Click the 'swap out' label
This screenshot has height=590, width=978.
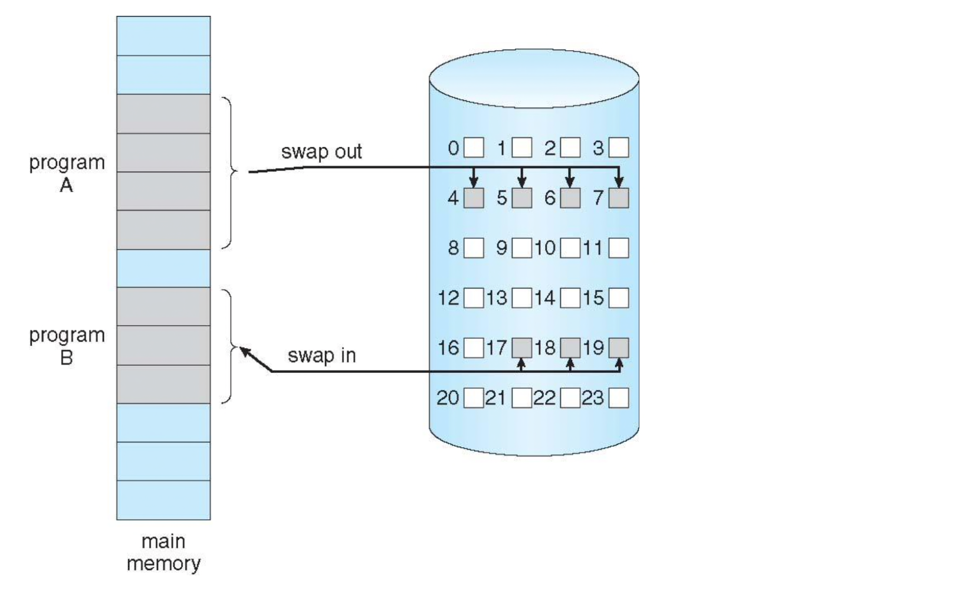[x=321, y=152]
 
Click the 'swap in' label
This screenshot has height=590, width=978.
[x=321, y=356]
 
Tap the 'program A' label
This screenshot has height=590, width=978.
[x=67, y=173]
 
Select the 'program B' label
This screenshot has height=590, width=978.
[x=67, y=346]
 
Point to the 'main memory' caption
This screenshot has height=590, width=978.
[x=163, y=552]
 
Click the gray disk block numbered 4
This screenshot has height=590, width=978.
[x=474, y=198]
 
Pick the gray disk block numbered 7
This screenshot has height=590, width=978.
[x=618, y=198]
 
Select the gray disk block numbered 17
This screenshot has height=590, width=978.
[x=521, y=348]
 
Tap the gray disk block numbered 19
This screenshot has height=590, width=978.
[x=618, y=348]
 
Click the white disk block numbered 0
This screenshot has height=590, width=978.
[x=474, y=147]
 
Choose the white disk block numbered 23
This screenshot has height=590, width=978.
[x=618, y=398]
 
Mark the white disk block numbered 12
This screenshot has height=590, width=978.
[x=474, y=298]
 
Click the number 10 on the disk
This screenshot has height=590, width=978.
[x=545, y=248]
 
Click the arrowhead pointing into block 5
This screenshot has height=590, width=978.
[x=521, y=182]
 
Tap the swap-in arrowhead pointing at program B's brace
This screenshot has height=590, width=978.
[x=244, y=351]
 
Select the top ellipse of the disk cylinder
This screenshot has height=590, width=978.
[x=534, y=78]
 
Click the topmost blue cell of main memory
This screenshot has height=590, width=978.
[x=163, y=35]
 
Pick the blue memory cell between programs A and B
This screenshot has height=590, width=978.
[x=163, y=268]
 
